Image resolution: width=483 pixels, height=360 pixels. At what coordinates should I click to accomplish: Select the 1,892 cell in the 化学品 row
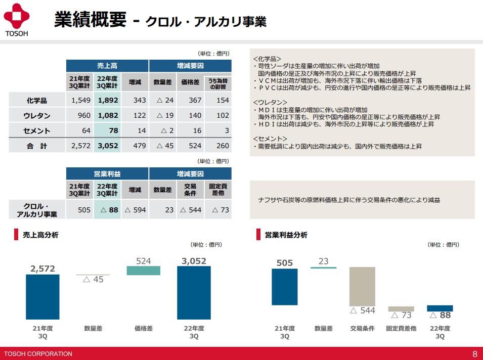tap(107, 100)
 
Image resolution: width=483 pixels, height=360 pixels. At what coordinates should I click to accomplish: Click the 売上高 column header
tap(107, 66)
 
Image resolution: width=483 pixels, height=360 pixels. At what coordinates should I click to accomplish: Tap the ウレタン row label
tap(37, 115)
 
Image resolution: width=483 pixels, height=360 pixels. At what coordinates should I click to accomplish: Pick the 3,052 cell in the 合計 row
tap(107, 146)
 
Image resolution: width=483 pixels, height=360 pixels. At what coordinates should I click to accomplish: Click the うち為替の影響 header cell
tap(218, 83)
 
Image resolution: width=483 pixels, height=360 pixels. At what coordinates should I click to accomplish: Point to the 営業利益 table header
tap(107, 174)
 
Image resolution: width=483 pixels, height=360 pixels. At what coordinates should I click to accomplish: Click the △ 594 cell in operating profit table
tap(135, 210)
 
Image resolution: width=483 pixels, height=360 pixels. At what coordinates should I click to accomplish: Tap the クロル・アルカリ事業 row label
tap(37, 210)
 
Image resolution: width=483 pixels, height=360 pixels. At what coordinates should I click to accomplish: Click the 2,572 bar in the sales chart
tap(42, 297)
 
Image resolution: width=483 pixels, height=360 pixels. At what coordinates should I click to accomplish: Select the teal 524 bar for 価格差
tap(143, 271)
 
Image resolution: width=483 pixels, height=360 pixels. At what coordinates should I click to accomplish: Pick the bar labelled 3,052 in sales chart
tap(194, 293)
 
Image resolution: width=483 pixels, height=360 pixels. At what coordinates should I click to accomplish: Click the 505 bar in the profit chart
tap(285, 294)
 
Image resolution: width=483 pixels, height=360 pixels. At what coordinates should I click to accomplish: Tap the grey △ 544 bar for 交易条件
tap(362, 286)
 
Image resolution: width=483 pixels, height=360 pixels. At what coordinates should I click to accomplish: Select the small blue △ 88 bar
tap(440, 308)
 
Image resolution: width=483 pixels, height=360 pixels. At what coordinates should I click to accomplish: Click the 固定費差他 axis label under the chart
tap(401, 328)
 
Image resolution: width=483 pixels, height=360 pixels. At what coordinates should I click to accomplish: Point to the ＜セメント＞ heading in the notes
tap(270, 138)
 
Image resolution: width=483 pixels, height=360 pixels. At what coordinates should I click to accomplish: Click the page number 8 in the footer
tap(474, 353)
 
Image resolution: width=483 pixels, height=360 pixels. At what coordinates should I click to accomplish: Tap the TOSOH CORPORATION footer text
tap(38, 353)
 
